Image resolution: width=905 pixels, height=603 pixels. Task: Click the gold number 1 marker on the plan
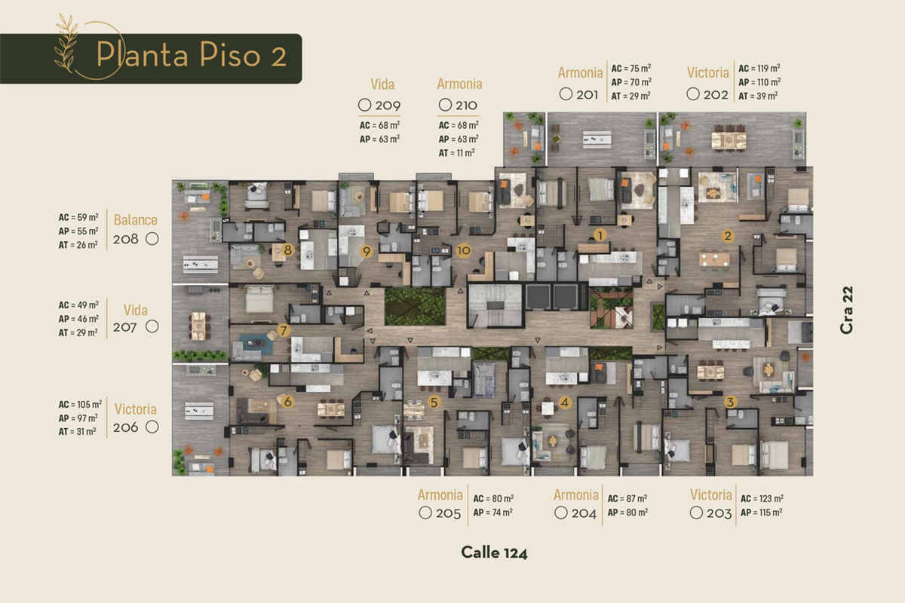[600, 234]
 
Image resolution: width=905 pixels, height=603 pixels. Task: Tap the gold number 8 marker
[287, 250]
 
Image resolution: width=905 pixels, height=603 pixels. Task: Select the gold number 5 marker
[434, 402]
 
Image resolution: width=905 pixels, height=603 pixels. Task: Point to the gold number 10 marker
[463, 251]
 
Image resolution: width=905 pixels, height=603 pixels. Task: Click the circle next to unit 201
[566, 94]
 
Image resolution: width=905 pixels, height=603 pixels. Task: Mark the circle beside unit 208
[152, 239]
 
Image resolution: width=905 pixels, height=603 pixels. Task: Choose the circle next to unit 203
[696, 513]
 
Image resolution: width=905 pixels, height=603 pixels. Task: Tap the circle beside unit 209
[364, 105]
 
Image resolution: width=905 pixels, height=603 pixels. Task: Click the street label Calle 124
[494, 552]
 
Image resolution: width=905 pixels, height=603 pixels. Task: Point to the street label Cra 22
[846, 310]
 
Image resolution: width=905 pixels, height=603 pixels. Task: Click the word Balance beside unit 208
[135, 219]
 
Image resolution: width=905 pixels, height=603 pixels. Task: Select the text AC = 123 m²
[762, 498]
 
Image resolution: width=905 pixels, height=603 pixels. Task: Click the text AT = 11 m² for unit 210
[456, 153]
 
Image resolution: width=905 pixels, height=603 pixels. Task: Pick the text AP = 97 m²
[78, 418]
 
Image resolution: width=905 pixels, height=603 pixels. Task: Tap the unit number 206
[126, 427]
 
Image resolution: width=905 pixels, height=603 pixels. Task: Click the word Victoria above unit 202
[708, 72]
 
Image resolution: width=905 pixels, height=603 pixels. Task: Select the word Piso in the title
[230, 54]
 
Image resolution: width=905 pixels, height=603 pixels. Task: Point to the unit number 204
[584, 513]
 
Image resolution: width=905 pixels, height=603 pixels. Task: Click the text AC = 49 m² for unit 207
[78, 305]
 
